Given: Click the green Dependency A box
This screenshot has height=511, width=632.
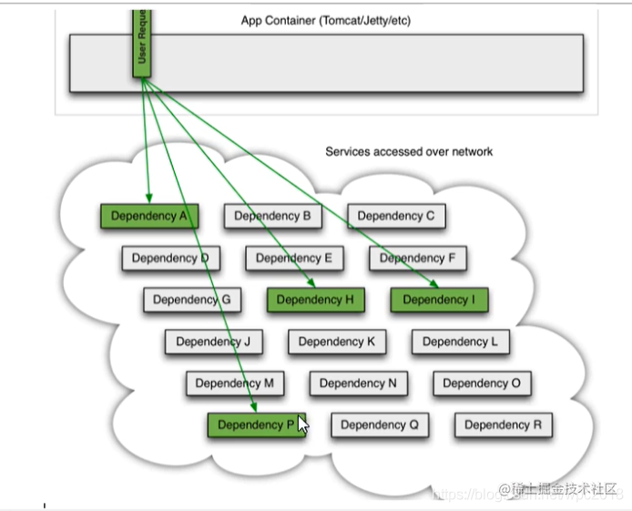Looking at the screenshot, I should click(x=149, y=216).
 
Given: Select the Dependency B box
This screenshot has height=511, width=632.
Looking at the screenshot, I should click(x=272, y=216).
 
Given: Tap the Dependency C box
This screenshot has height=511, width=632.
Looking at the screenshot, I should click(x=396, y=216).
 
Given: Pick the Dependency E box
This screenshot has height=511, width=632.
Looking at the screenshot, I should click(x=294, y=258).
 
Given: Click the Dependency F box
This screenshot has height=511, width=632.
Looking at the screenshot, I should click(x=418, y=258).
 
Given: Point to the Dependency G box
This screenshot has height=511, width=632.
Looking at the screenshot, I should click(x=191, y=300).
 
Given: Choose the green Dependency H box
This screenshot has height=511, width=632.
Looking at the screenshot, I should click(x=315, y=300).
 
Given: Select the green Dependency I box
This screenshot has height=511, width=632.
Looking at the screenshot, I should click(x=439, y=300).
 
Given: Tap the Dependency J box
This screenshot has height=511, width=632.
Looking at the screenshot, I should click(x=213, y=342).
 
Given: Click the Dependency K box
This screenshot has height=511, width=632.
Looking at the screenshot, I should click(x=337, y=342).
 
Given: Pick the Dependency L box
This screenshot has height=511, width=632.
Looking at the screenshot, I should click(x=460, y=342).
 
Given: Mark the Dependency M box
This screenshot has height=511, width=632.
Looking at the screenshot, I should click(x=234, y=383).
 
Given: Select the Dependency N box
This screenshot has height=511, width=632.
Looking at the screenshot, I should click(x=358, y=383).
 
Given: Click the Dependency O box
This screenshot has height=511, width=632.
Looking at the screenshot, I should click(x=482, y=383).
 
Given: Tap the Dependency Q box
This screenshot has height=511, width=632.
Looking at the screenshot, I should click(x=380, y=424).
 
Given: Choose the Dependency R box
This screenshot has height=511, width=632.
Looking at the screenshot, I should click(x=504, y=424).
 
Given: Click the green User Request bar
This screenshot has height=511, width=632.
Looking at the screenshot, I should click(x=141, y=43).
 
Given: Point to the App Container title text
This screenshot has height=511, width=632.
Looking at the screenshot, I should click(x=325, y=20).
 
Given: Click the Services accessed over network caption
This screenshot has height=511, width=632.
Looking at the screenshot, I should click(x=409, y=151).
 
